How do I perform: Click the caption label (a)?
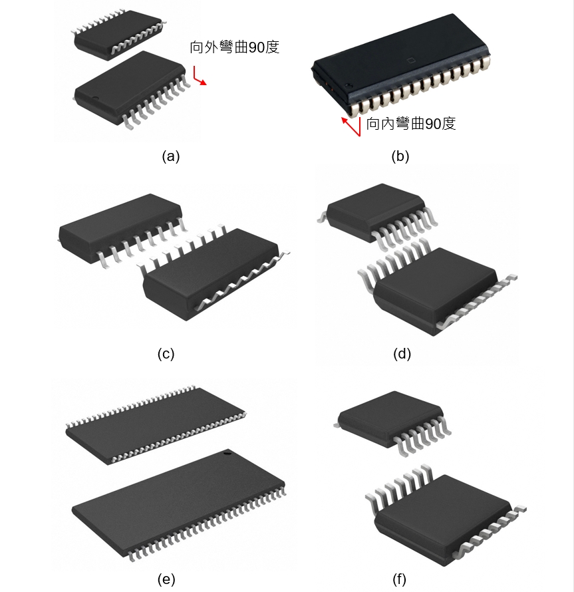171,156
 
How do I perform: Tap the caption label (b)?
400,156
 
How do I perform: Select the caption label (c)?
166,354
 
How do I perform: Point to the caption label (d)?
402,354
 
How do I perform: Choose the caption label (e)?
166,579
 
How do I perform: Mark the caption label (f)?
399,579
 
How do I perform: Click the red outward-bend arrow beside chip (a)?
200,76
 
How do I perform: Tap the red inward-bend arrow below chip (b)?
351,126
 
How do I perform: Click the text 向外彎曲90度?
235,47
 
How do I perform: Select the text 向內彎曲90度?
411,124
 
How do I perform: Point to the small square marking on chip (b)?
410,60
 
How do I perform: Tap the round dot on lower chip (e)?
227,452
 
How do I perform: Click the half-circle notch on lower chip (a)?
96,98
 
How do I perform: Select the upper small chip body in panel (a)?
118,35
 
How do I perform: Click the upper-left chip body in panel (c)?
121,227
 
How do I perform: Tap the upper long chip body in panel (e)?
156,426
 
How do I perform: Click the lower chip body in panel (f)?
444,520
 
